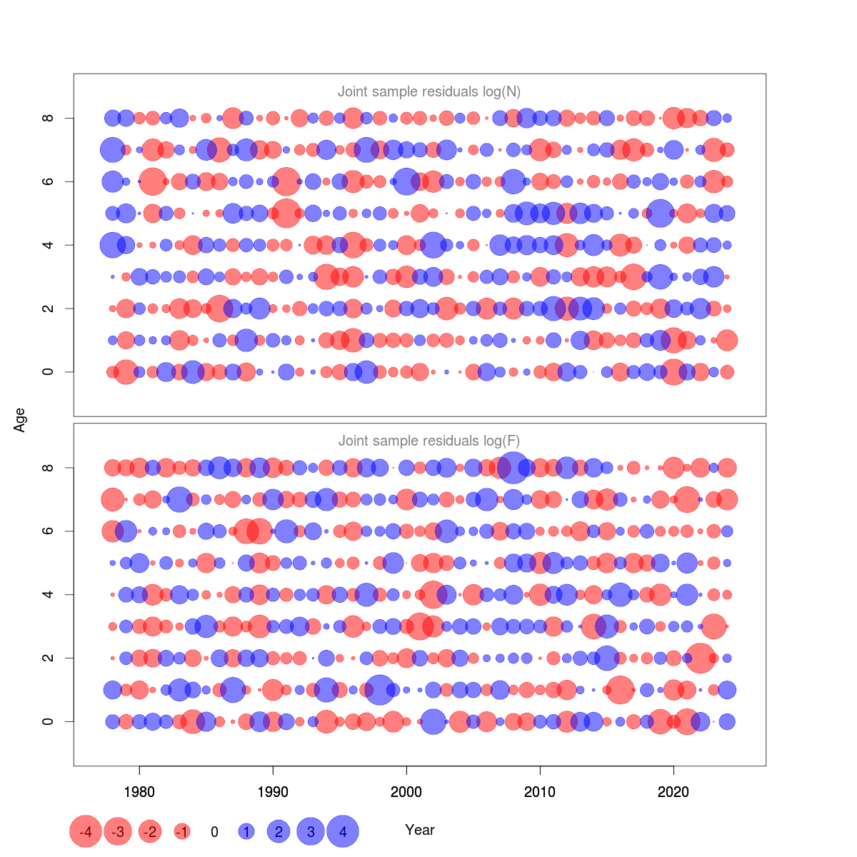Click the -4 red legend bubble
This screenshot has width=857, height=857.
tap(86, 831)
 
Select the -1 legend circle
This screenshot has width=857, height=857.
tap(182, 831)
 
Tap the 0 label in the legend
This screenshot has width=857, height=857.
tap(214, 832)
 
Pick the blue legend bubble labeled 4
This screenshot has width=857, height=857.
tap(343, 831)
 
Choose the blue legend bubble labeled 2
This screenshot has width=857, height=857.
tap(279, 831)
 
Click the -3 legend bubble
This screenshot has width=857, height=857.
tap(118, 831)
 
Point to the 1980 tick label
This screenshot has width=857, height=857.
tap(139, 791)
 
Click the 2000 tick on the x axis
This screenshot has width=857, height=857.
tap(406, 791)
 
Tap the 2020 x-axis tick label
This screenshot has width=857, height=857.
tap(673, 791)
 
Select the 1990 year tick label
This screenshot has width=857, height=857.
tap(273, 791)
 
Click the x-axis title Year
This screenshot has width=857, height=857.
tap(420, 830)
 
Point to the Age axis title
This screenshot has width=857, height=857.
tap(20, 420)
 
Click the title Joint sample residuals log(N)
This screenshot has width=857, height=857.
tap(429, 91)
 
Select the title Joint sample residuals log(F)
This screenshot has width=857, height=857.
tap(429, 441)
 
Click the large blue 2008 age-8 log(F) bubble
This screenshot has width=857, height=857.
tap(513, 468)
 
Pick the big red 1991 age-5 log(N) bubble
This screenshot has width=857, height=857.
tap(286, 213)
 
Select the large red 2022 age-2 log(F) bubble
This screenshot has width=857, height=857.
tap(701, 658)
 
